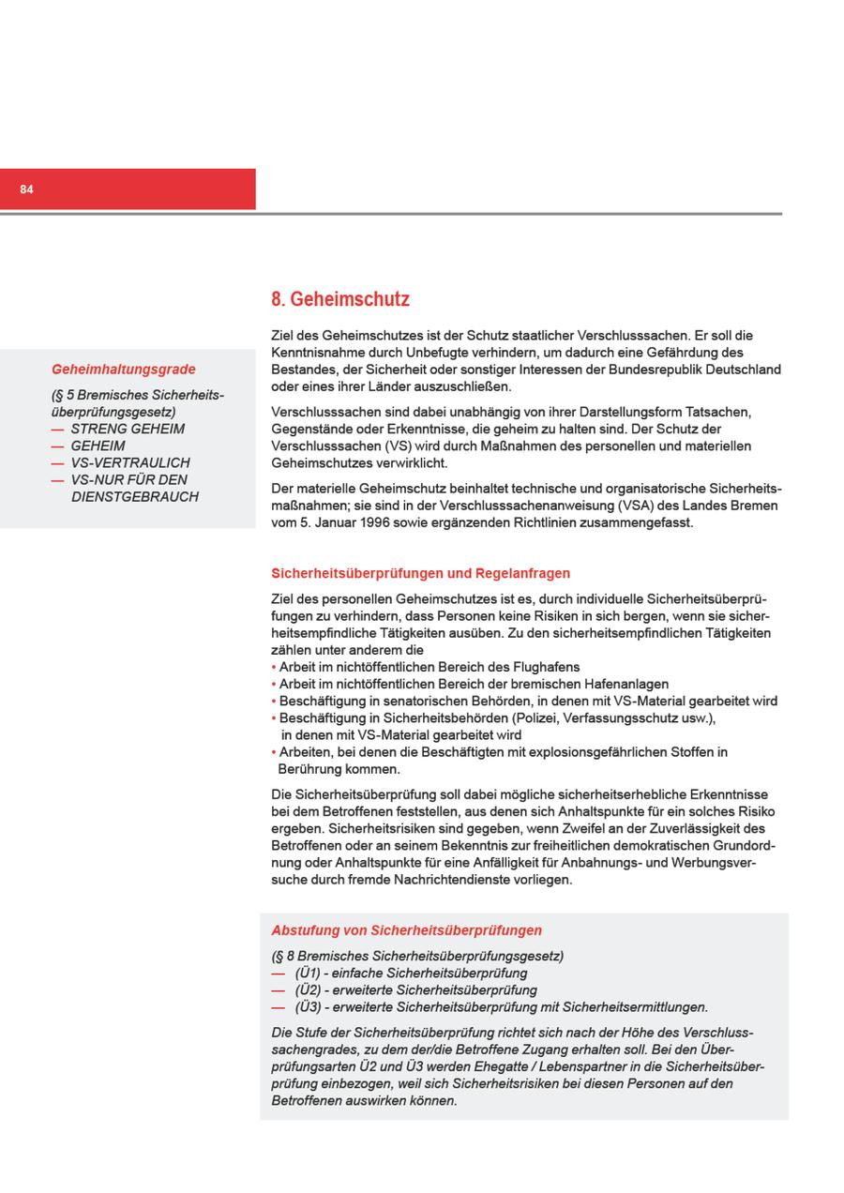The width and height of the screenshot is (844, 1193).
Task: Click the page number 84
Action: click(x=26, y=189)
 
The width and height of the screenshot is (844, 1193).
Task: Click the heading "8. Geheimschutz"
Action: click(x=340, y=299)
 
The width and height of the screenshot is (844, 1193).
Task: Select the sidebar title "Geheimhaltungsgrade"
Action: click(x=124, y=370)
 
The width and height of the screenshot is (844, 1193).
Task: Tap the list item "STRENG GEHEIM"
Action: click(x=128, y=429)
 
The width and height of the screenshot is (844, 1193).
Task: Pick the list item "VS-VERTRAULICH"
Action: click(x=130, y=462)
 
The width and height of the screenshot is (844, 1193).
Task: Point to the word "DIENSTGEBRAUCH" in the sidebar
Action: click(x=135, y=497)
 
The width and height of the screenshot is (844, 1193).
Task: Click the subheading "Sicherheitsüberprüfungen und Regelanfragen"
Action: click(x=420, y=573)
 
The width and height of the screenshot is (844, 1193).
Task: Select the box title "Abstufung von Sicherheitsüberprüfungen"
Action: click(x=406, y=930)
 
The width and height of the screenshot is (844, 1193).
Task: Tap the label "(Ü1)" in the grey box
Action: click(x=308, y=974)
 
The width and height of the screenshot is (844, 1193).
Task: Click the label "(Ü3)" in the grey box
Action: click(x=308, y=1007)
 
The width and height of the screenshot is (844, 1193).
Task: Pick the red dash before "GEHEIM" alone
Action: click(x=58, y=446)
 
